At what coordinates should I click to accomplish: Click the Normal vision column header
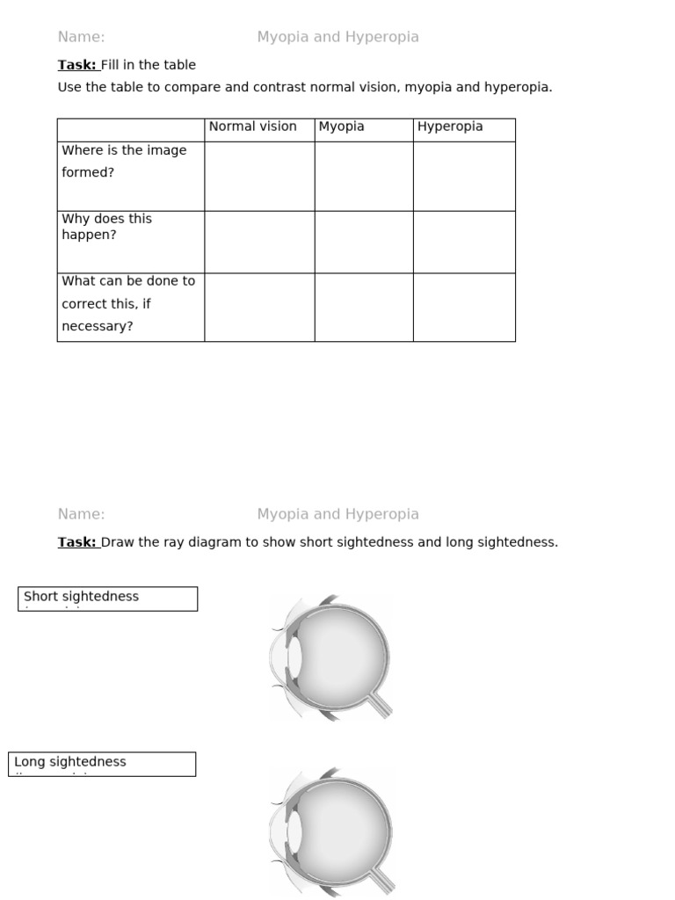(253, 127)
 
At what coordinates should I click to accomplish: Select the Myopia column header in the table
(341, 127)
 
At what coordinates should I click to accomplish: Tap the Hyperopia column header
(450, 127)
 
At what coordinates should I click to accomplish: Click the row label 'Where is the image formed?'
(124, 162)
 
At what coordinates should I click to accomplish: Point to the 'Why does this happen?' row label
(106, 227)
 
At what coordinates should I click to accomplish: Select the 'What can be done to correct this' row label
(128, 304)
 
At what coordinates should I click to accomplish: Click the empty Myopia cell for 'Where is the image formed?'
(364, 176)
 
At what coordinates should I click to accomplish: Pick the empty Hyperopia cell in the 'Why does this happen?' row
(464, 242)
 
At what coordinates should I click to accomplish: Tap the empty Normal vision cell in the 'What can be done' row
(259, 307)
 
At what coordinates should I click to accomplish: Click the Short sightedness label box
(107, 599)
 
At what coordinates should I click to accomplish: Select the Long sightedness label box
(102, 764)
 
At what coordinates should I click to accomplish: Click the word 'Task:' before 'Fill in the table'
(76, 65)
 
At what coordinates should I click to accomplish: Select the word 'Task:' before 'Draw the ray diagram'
(76, 542)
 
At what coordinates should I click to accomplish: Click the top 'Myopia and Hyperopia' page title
(337, 37)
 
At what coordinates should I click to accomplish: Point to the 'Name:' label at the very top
(81, 37)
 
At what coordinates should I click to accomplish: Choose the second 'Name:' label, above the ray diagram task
(81, 514)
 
